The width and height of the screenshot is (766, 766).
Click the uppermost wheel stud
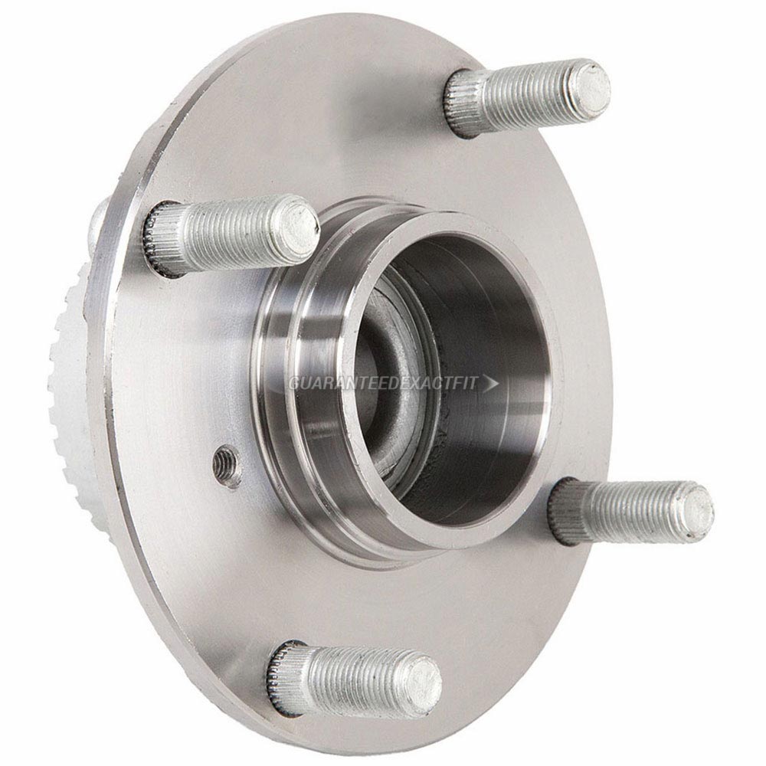(x=529, y=98)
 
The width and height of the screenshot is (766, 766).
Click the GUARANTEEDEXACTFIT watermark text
(x=383, y=383)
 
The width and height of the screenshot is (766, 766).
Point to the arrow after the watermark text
(x=492, y=383)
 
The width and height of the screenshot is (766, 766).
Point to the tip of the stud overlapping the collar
(x=300, y=226)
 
